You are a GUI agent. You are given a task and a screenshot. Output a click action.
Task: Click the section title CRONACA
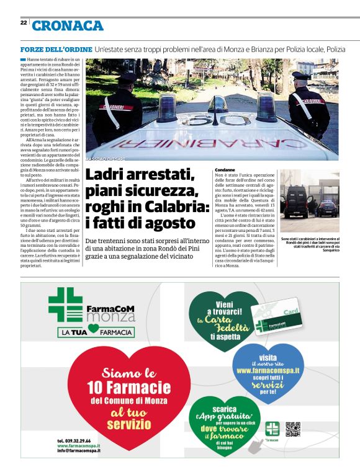point(68,26)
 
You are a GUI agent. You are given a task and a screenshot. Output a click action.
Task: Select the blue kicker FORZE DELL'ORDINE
point(56,49)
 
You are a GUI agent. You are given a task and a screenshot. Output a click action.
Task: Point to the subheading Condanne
point(225,170)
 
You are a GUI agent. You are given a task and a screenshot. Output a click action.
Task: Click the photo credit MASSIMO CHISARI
point(106,159)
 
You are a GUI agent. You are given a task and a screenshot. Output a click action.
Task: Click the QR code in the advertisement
point(292,428)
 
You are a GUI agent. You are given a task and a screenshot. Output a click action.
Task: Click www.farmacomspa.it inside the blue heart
point(268,370)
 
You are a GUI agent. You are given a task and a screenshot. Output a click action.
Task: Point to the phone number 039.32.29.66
point(78,440)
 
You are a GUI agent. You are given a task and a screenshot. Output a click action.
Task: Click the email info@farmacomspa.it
point(79,451)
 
